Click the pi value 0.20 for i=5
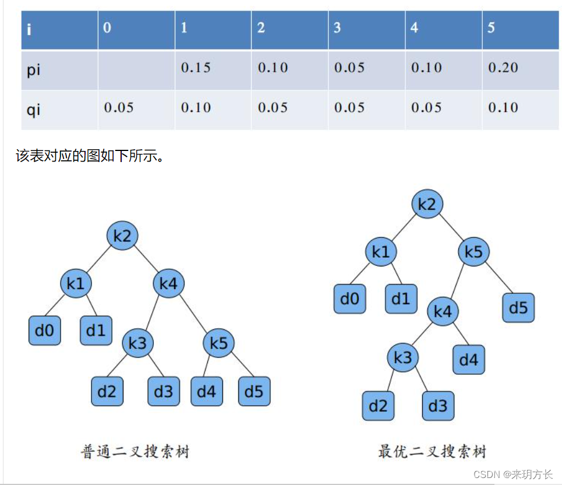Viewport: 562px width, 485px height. point(503,68)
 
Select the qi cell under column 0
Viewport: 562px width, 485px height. point(119,107)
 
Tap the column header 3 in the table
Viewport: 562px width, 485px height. point(337,28)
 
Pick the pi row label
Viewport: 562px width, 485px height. point(34,70)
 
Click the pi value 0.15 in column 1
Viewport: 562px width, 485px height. point(196,68)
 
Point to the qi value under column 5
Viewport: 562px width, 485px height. point(503,107)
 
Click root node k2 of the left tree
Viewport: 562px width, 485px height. point(122,236)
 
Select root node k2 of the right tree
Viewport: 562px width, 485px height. point(427,204)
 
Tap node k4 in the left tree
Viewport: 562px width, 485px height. point(168,284)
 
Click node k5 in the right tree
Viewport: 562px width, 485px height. point(473,252)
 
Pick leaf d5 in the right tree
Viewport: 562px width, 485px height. point(518,308)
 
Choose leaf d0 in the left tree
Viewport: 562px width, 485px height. point(44,331)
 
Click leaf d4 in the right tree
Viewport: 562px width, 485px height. point(469,360)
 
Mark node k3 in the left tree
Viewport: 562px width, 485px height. point(137,344)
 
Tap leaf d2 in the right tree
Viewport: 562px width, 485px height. point(378,406)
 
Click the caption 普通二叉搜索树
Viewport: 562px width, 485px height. point(135,452)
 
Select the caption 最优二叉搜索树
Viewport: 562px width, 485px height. point(432,451)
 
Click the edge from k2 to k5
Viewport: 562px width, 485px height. point(450,228)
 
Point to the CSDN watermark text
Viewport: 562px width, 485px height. point(512,475)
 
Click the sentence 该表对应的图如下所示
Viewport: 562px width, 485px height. point(88,156)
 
